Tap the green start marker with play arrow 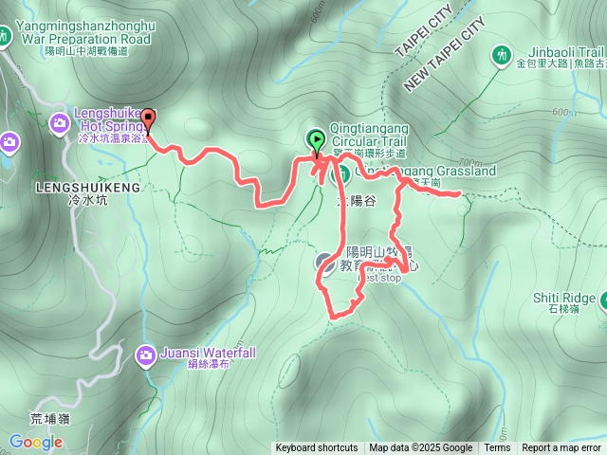pyautogui.click(x=316, y=141)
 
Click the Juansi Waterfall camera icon pyautogui.click(x=146, y=355)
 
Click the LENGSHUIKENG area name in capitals pyautogui.click(x=87, y=188)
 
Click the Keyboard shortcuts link pyautogui.click(x=317, y=448)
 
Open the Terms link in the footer pyautogui.click(x=497, y=448)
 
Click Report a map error pyautogui.click(x=562, y=448)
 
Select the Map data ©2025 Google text pyautogui.click(x=420, y=448)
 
